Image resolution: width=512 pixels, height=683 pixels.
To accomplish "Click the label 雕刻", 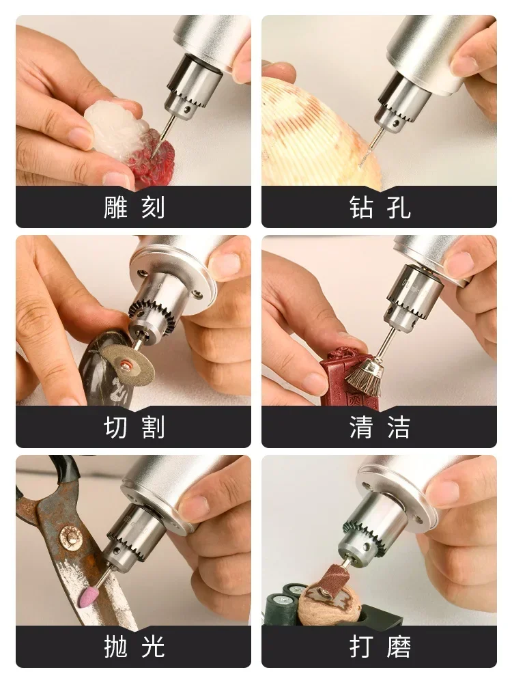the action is (134, 207).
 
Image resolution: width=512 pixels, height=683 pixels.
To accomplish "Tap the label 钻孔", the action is (380, 207).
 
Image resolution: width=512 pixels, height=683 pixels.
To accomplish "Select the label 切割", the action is (134, 427).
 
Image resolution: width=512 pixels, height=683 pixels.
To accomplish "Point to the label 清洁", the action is (380, 427).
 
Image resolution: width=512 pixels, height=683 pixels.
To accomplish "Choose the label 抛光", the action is (134, 647).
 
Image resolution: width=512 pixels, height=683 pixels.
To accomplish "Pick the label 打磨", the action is (380, 647).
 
